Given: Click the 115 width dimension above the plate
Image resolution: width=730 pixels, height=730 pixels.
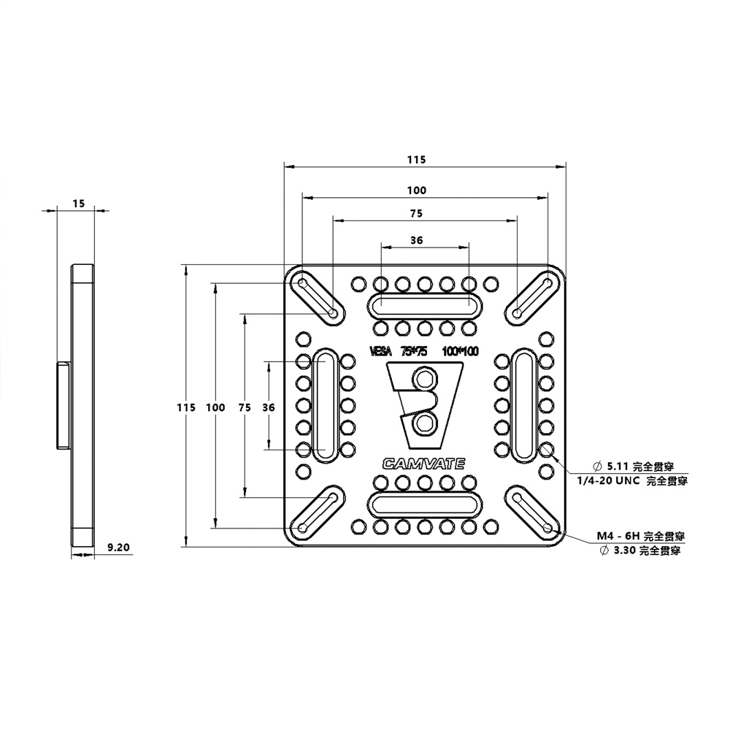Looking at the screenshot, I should tap(416, 159).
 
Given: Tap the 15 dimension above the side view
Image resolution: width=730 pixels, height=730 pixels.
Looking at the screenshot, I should tap(78, 204).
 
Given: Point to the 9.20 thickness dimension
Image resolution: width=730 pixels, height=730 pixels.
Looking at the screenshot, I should tap(118, 546).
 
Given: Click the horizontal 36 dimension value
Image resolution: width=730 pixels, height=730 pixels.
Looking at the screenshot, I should tap(417, 239).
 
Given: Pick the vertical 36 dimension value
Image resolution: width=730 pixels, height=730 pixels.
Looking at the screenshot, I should tap(268, 407).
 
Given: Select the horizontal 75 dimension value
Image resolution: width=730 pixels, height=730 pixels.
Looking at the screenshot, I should tap(416, 214).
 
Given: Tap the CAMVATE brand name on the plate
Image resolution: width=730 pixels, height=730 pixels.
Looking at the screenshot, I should tap(423, 461).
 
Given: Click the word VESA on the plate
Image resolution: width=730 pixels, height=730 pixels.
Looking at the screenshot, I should tap(381, 351).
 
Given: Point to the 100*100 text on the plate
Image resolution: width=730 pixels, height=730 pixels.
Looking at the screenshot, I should tap(460, 351).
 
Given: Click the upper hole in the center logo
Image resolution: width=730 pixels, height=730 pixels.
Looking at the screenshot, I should tap(423, 380).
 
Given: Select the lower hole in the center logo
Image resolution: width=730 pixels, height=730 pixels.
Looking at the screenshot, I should tap(423, 422).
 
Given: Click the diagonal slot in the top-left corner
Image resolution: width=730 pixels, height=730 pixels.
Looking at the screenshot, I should tap(318, 296).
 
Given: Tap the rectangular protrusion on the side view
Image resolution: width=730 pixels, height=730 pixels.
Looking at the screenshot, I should tap(61, 405).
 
